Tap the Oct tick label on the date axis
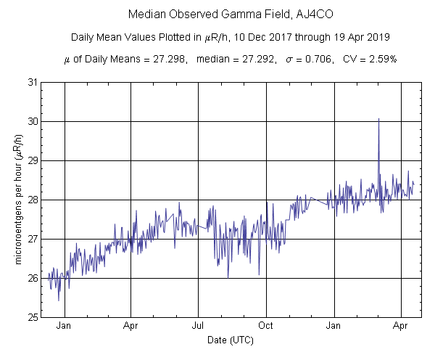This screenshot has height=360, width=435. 267,327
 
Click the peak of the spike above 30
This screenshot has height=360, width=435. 378,118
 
